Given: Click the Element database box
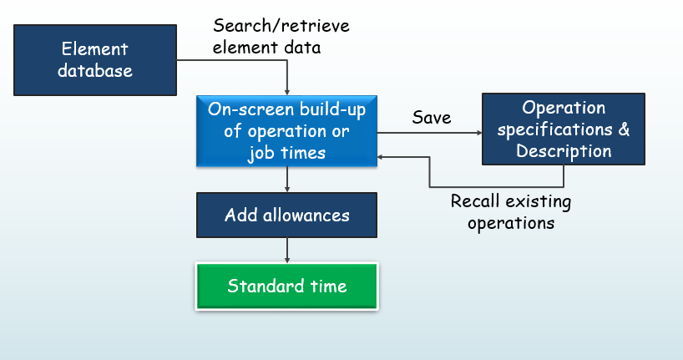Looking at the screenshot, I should click(x=95, y=59).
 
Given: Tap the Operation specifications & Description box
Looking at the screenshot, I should click(x=564, y=129).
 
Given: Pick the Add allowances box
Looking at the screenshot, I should click(x=286, y=215).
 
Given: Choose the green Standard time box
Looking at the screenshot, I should click(x=286, y=286).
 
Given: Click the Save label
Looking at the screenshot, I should click(x=432, y=118).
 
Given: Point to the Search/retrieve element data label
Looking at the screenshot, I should click(x=281, y=37).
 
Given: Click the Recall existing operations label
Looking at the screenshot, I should click(x=511, y=212).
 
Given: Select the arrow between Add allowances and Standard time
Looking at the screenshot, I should click(x=286, y=251).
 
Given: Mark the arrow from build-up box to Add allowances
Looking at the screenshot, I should click(x=286, y=180).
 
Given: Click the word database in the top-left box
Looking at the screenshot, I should click(x=95, y=70).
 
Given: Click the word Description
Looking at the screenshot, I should click(x=564, y=151).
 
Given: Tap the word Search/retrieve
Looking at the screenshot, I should click(x=281, y=26).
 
